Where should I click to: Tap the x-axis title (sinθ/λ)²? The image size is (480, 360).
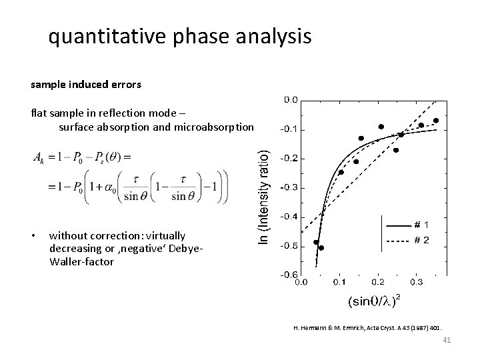pyautogui.click(x=374, y=301)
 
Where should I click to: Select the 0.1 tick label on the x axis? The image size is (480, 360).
pyautogui.click(x=339, y=282)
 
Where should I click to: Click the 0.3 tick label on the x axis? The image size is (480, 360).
pyautogui.click(x=416, y=282)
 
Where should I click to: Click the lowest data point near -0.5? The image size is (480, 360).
pyautogui.click(x=321, y=248)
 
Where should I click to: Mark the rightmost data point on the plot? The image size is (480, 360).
pyautogui.click(x=436, y=121)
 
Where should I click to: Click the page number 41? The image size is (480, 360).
pyautogui.click(x=447, y=341)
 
